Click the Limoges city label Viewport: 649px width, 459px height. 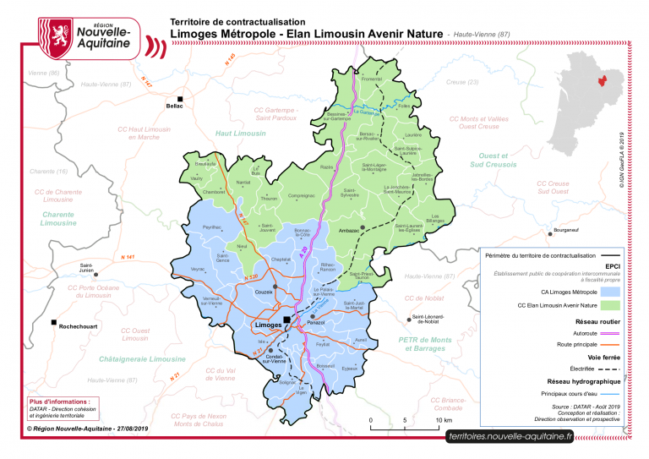click(x=268, y=324)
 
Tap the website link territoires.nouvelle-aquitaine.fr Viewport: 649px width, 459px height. click(x=510, y=436)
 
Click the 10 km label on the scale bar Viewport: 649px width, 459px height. click(x=444, y=419)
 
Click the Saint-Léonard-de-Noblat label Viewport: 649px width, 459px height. click(x=428, y=320)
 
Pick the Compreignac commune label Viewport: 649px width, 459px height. click(x=302, y=196)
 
